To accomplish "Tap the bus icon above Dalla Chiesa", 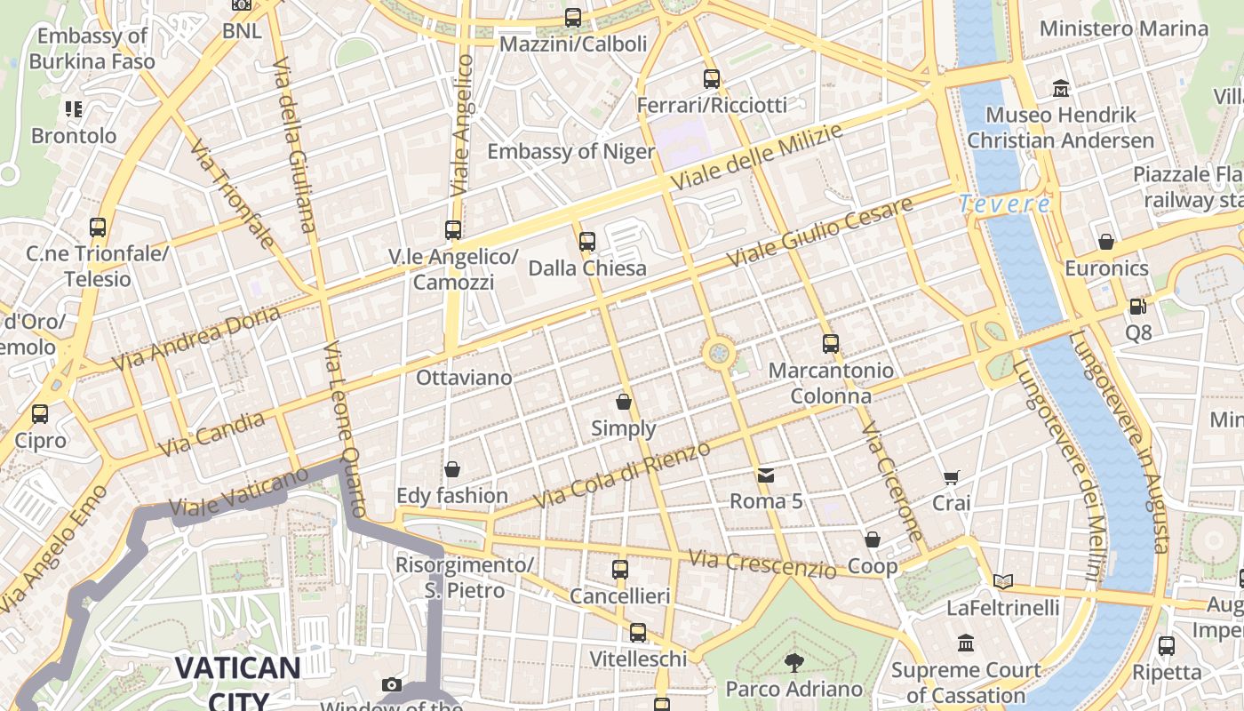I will [x=586, y=241].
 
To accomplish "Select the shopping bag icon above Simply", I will [x=624, y=402].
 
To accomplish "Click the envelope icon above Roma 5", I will [x=766, y=475].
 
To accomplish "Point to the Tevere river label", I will [x=1004, y=204].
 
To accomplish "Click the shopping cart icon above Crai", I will [x=951, y=477].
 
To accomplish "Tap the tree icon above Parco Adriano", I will [x=793, y=662].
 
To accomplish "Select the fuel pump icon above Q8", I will [x=1137, y=307].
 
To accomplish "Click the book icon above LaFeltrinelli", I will [x=1003, y=581].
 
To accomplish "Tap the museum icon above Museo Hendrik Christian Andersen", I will [x=1061, y=89].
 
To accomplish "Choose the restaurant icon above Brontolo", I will [x=74, y=109].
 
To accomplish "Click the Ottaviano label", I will [x=464, y=378].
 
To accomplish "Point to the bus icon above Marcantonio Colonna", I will [x=831, y=343].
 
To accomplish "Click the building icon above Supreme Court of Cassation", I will [x=966, y=643].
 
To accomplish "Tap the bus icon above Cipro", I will [x=40, y=414].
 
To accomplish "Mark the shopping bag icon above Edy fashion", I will [x=452, y=469].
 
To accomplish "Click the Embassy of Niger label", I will [x=570, y=151].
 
